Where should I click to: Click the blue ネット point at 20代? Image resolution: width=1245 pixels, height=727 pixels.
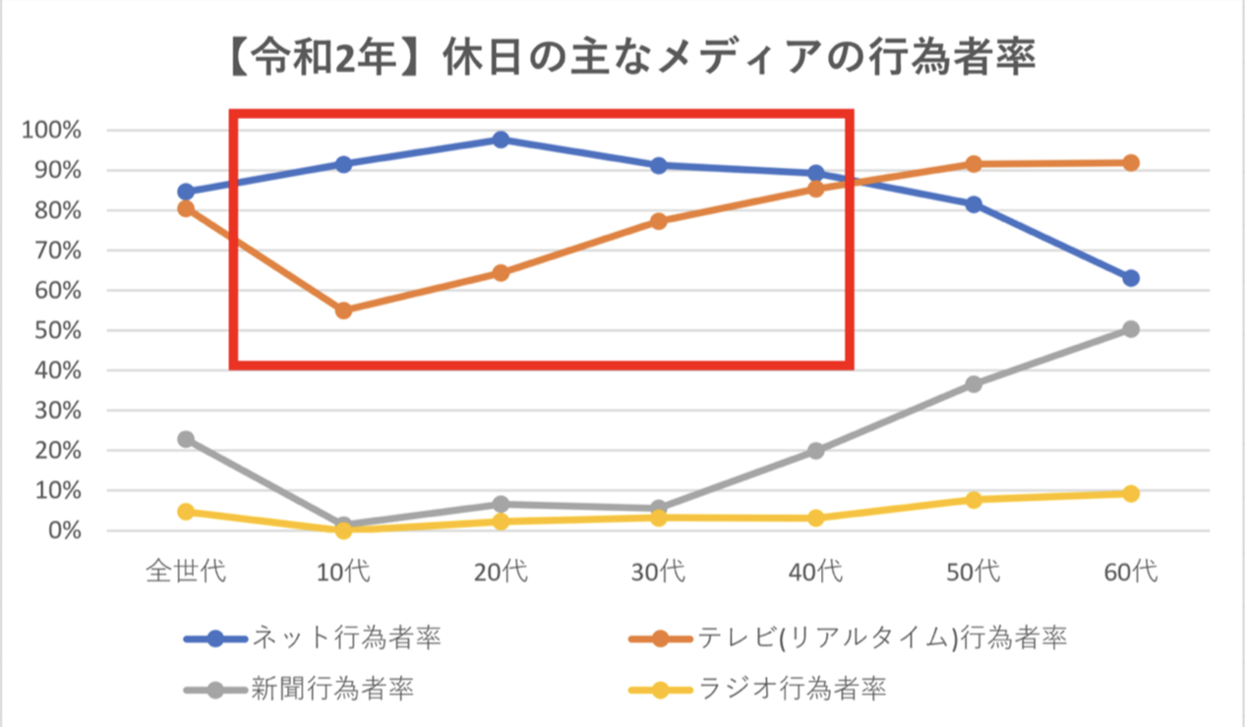pyautogui.click(x=501, y=140)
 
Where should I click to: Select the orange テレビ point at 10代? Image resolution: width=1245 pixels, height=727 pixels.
pyautogui.click(x=343, y=310)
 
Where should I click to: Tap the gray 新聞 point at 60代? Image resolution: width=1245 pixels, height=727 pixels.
pyautogui.click(x=1131, y=329)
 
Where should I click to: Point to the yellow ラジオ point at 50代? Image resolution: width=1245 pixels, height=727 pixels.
pyautogui.click(x=974, y=500)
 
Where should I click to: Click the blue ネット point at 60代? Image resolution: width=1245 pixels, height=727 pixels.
pyautogui.click(x=1131, y=278)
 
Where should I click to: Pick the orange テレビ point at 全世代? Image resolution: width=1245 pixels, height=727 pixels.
pyautogui.click(x=186, y=208)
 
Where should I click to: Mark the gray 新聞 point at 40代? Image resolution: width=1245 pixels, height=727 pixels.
pyautogui.click(x=816, y=451)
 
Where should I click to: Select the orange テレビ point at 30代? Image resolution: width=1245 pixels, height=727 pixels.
pyautogui.click(x=659, y=222)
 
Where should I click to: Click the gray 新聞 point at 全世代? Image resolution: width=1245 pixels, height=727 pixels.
pyautogui.click(x=186, y=439)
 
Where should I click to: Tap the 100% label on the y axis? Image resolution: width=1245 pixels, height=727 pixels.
pyautogui.click(x=54, y=131)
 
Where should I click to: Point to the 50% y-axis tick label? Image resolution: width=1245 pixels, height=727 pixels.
pyautogui.click(x=58, y=331)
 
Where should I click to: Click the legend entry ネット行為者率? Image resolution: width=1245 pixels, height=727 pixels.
pyautogui.click(x=344, y=638)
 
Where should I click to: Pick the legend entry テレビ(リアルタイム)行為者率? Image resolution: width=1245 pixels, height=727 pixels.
pyautogui.click(x=882, y=638)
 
